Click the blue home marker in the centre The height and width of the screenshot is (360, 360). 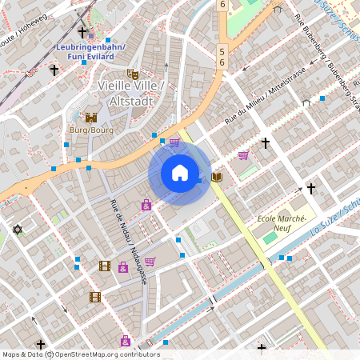180,173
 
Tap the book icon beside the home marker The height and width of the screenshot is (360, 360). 216,176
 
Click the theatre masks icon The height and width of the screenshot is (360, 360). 133,74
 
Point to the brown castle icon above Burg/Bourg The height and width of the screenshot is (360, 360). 91,116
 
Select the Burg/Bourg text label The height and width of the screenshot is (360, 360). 91,128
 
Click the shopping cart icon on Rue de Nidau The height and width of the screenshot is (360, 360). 150,262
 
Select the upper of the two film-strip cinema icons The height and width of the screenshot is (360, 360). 104,266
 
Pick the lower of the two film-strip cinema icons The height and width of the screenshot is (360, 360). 95,297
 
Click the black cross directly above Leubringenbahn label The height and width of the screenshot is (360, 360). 83,32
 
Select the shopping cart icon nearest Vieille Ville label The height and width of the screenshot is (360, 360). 174,142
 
